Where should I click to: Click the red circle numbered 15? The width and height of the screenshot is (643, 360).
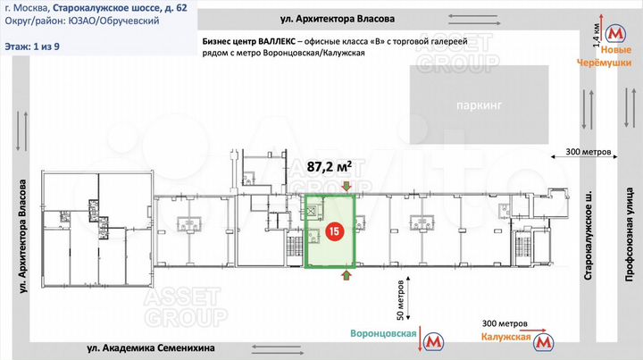333,231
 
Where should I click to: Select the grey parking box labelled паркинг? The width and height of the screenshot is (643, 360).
478,105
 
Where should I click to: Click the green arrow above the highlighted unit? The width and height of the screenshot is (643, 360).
346,186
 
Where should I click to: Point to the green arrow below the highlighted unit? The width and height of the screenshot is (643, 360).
346,276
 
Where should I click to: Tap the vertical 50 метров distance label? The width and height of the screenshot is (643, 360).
400,302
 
